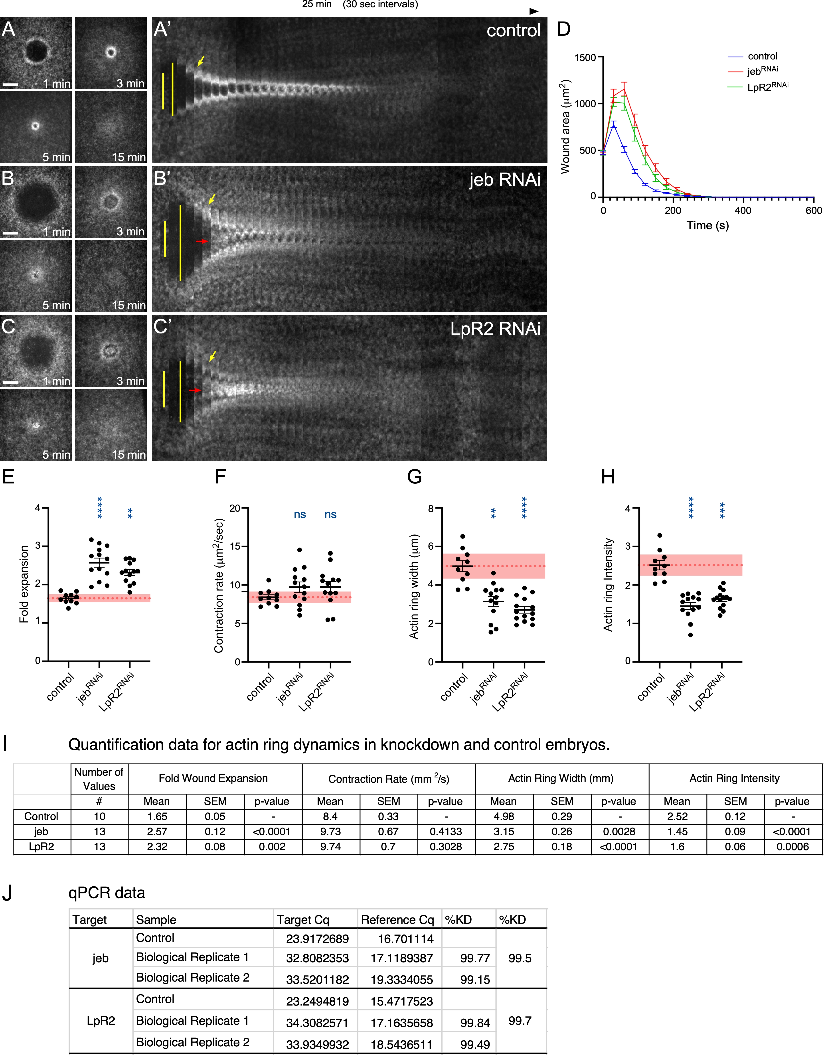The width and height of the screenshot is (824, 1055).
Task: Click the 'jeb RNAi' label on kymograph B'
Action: [x=505, y=180]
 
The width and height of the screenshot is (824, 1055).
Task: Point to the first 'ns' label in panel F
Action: [x=300, y=515]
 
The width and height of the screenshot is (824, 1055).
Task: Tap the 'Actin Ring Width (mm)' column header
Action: [x=561, y=778]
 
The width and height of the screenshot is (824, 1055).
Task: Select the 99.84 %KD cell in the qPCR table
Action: [x=475, y=1023]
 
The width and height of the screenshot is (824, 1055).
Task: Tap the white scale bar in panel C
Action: [x=11, y=383]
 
